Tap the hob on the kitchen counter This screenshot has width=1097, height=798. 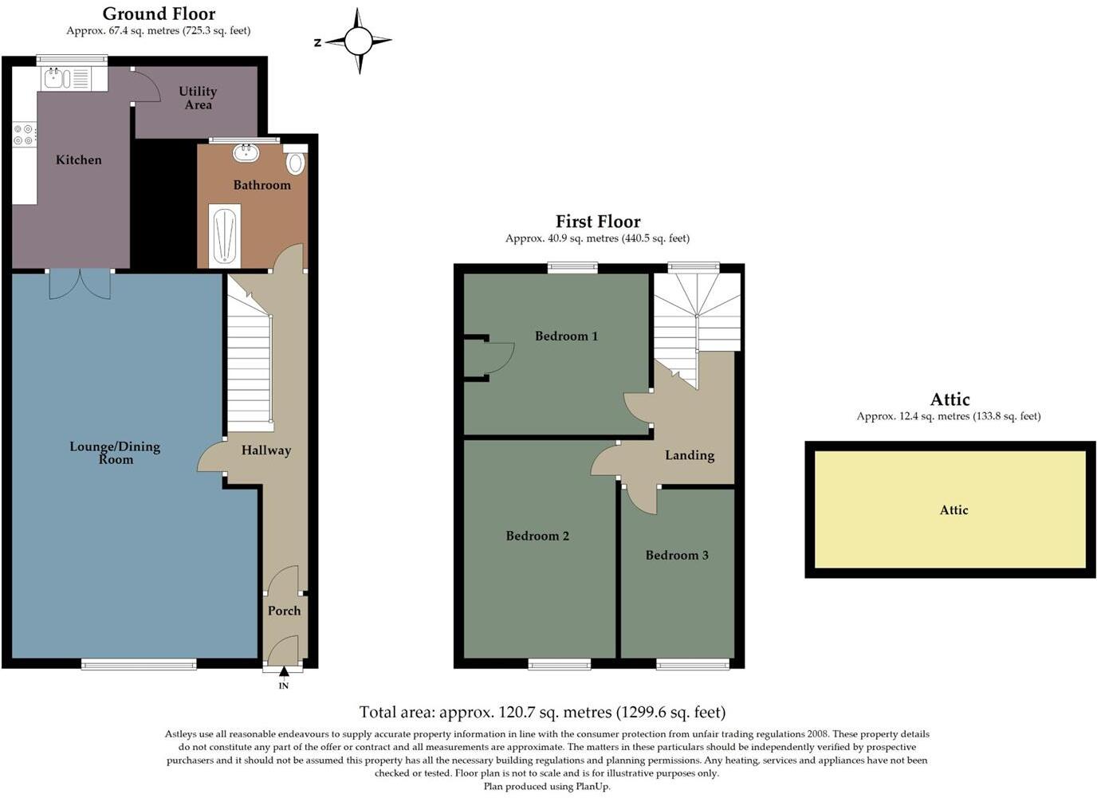point(23,135)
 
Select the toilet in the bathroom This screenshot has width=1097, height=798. point(295,162)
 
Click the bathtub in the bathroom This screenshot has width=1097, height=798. point(224,236)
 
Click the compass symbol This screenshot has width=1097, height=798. point(359,41)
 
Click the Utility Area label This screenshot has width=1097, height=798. point(198,98)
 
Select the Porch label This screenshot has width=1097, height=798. point(284,611)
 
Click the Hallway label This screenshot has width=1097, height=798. point(266,450)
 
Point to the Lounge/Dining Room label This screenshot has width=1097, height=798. point(115,453)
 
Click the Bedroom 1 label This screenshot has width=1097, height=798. point(566,336)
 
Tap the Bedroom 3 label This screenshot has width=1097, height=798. point(677,555)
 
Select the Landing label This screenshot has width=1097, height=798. point(690,455)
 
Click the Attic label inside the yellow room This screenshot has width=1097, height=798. point(953,510)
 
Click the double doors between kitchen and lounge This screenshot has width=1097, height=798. point(80,284)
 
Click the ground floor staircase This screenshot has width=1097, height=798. point(250,359)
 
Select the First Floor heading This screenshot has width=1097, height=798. point(598,222)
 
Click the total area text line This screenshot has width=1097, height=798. point(542,712)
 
